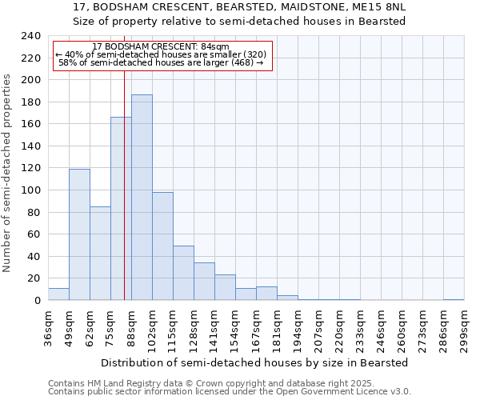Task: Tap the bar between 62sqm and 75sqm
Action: [x=100, y=253]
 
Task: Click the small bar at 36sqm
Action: [x=58, y=294]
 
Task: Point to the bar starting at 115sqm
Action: [x=183, y=273]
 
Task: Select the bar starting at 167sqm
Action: [x=266, y=294]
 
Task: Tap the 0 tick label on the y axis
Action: [x=37, y=301]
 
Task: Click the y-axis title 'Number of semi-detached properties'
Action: [x=7, y=173]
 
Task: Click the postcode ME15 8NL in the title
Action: [x=374, y=6]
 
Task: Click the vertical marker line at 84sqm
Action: [x=124, y=200]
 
